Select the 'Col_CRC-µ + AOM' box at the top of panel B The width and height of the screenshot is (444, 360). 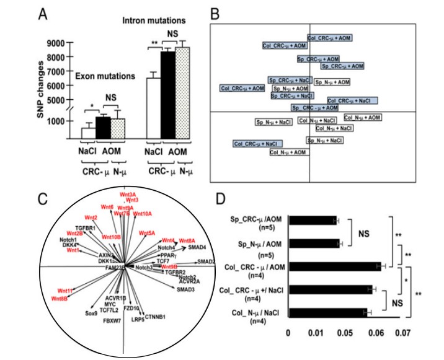tap(331, 38)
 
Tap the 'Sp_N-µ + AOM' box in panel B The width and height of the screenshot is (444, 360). tap(333, 82)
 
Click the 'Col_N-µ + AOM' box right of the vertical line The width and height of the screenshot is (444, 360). tap(363, 118)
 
